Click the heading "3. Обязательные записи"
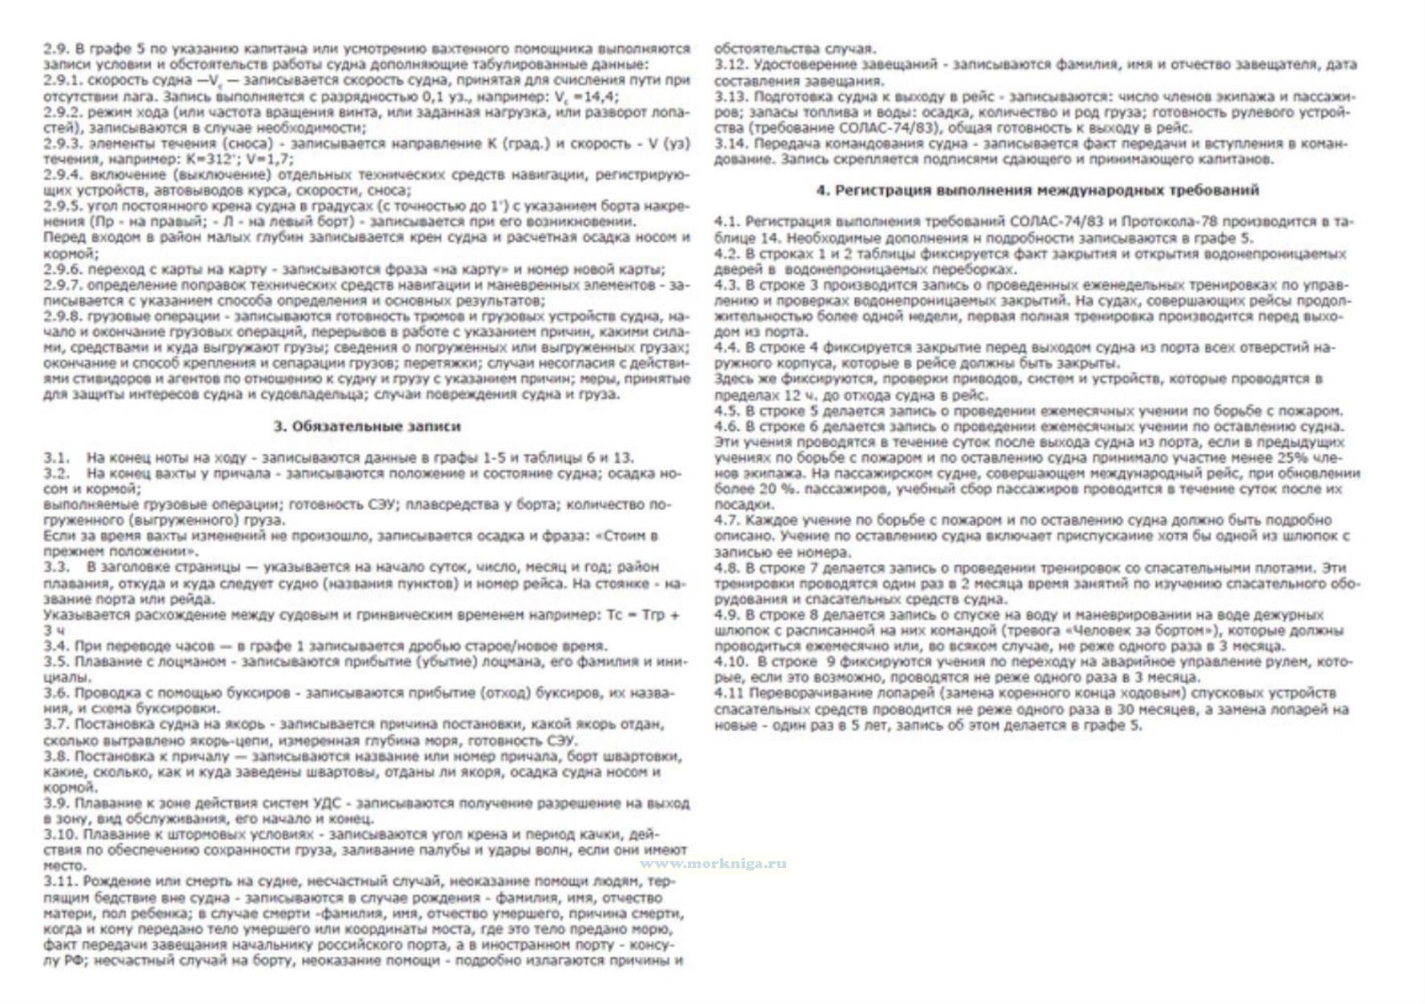point(367,426)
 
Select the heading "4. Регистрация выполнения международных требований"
point(1037,190)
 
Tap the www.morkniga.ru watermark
point(712,863)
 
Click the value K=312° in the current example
point(211,159)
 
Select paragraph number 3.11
point(59,882)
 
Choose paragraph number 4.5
point(727,410)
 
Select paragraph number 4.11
point(730,693)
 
